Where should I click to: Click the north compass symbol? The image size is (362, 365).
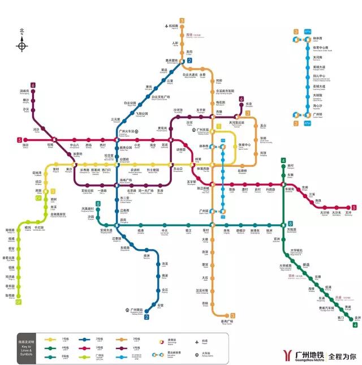click(22, 44)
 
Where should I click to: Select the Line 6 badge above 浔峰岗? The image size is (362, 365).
click(33, 85)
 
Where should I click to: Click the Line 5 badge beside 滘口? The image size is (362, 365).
click(20, 140)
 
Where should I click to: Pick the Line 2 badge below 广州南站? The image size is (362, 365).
click(146, 317)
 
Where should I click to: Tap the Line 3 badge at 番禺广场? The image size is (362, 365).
click(232, 316)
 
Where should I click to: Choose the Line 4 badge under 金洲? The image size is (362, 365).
click(355, 324)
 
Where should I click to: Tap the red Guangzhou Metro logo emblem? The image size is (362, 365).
click(288, 355)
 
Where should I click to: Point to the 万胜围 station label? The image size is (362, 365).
click(291, 230)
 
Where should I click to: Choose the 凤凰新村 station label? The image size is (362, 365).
click(90, 209)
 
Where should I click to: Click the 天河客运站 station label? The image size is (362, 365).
click(236, 123)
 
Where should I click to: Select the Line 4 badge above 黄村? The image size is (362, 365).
click(283, 161)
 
